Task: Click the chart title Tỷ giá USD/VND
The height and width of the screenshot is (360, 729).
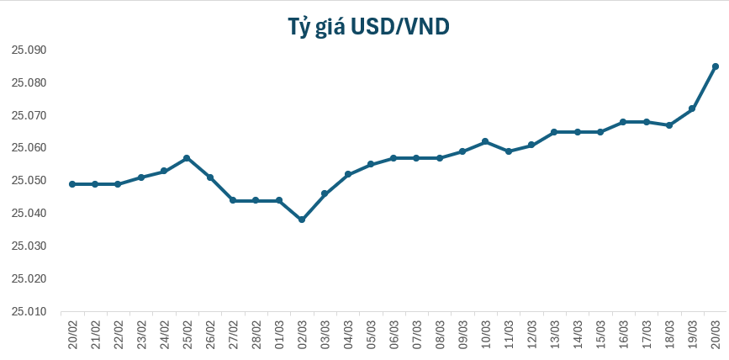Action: (364, 27)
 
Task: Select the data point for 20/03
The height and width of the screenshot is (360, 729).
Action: (715, 66)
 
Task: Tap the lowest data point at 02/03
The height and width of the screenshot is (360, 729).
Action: (302, 220)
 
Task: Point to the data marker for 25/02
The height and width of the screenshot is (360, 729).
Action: (187, 158)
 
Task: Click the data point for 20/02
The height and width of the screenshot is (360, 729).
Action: (72, 184)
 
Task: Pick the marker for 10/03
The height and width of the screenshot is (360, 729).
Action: (485, 141)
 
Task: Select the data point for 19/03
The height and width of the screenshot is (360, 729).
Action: (691, 109)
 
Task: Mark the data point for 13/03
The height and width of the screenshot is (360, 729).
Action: (554, 132)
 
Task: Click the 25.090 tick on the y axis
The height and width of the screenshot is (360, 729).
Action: (29, 50)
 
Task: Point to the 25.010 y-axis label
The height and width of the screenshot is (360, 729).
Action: (29, 311)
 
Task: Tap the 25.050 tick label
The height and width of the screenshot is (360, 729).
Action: (29, 181)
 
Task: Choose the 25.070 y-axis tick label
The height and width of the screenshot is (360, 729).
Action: (29, 115)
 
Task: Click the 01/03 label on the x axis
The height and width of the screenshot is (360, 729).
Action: (279, 332)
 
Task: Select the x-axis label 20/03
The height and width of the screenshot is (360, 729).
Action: (715, 332)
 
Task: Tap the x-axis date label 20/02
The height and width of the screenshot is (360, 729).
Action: (72, 332)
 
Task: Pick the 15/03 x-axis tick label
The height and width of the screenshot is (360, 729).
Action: (600, 332)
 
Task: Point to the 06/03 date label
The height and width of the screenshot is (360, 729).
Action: (394, 332)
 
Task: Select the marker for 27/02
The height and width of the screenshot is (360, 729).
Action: (233, 200)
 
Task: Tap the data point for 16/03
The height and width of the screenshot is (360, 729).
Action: (623, 122)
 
